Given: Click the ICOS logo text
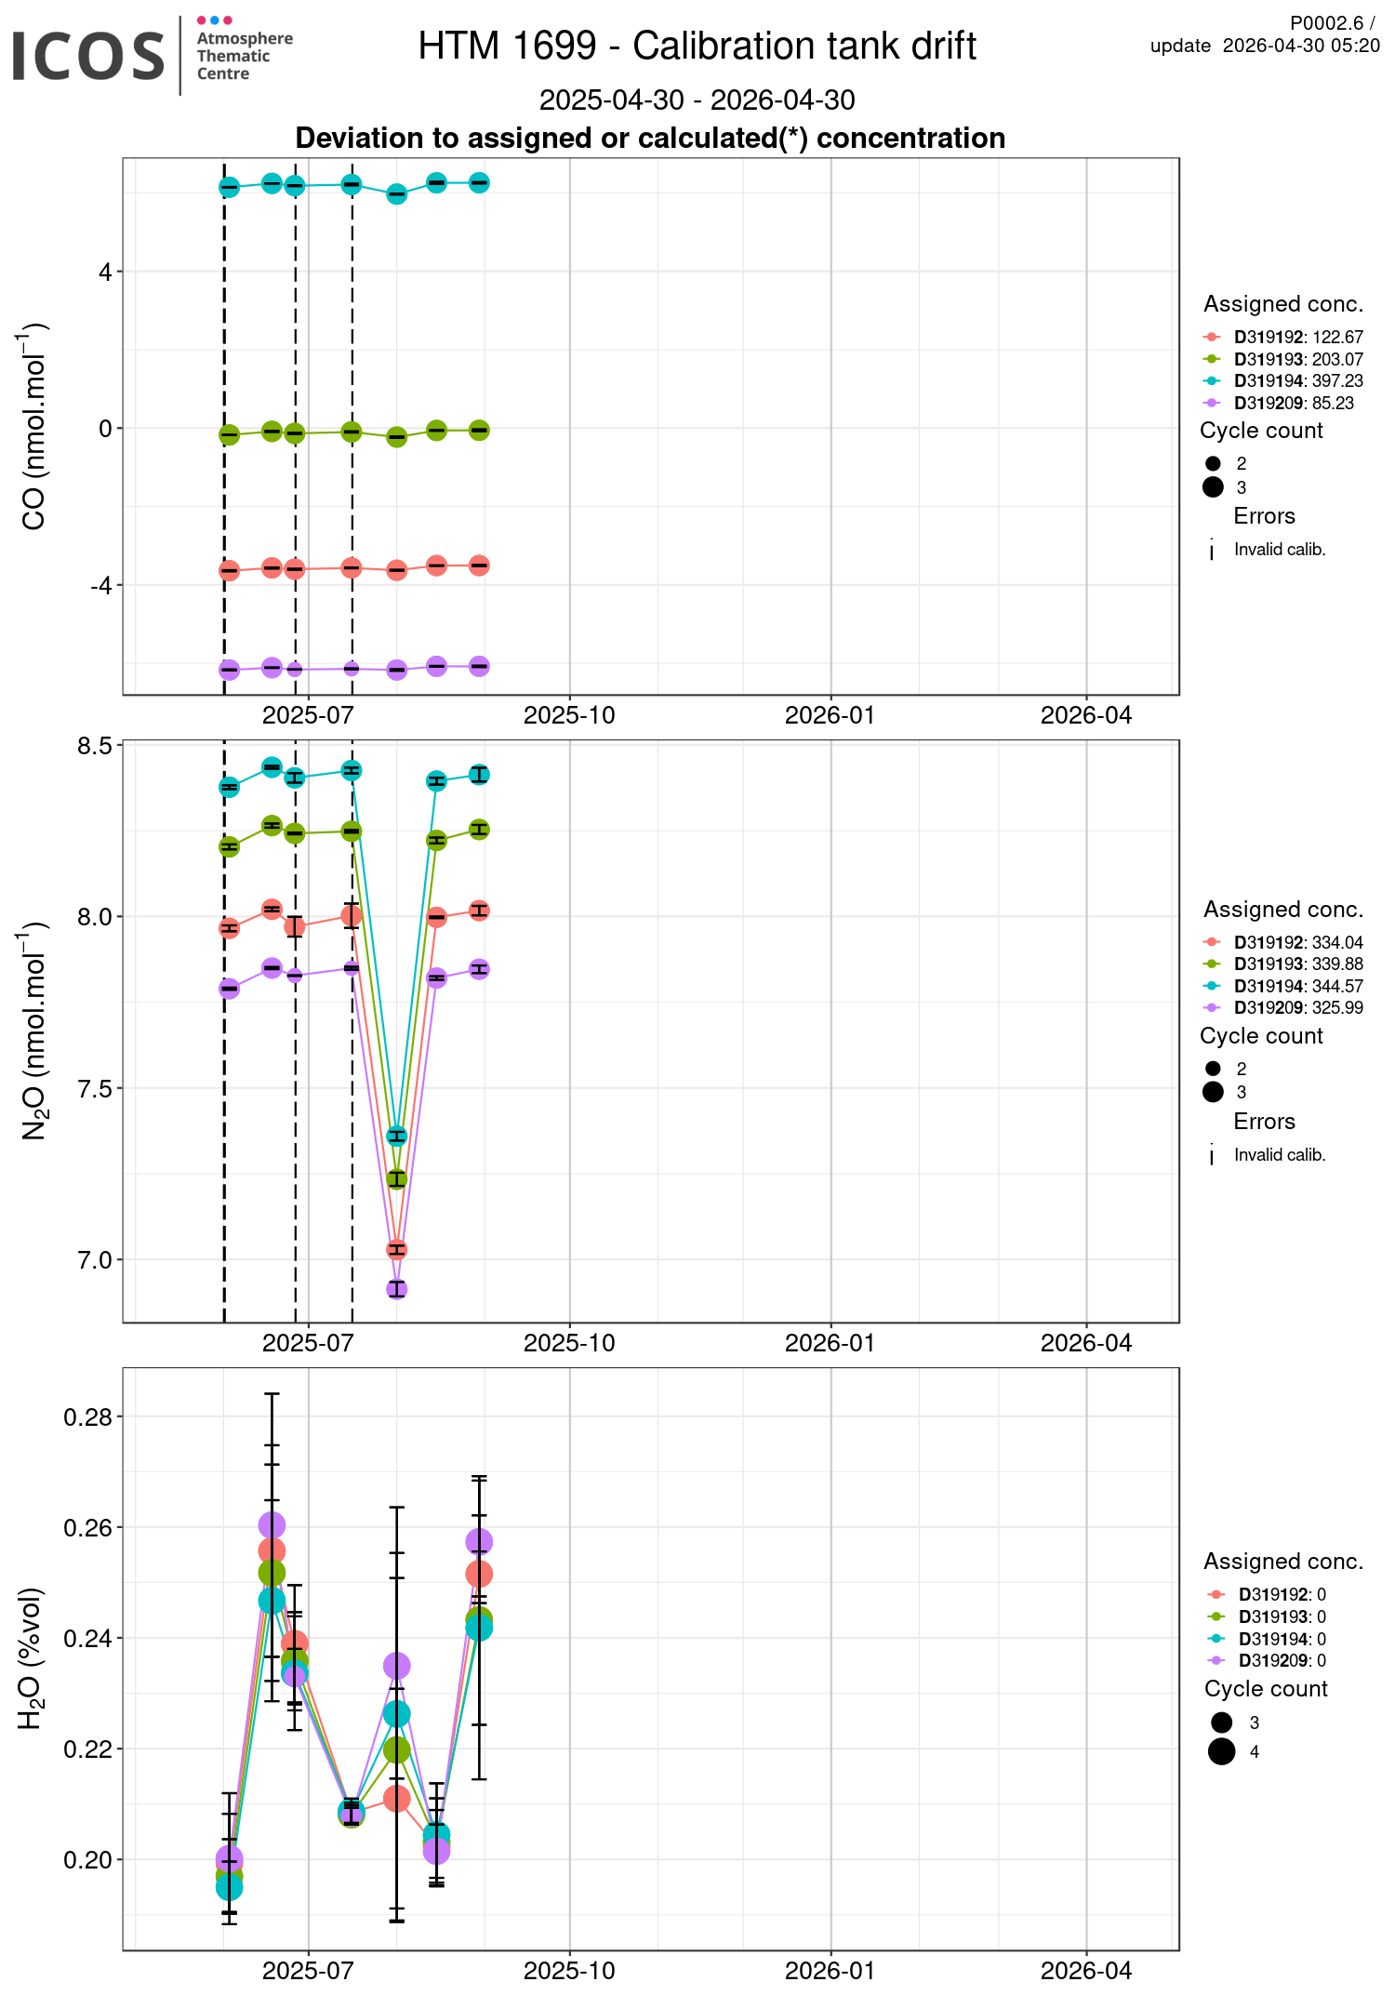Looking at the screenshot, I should (x=88, y=56).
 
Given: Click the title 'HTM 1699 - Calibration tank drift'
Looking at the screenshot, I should (x=697, y=47).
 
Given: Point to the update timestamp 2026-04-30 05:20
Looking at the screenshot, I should (x=1300, y=47).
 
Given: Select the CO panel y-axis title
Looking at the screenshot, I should (x=34, y=427).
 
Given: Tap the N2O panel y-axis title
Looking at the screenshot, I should (x=34, y=1031).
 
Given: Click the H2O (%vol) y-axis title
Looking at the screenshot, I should (x=31, y=1659).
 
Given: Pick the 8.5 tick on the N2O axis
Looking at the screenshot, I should (x=95, y=746).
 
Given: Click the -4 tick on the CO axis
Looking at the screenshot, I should (x=100, y=585).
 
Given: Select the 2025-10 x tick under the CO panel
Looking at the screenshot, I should (x=569, y=715).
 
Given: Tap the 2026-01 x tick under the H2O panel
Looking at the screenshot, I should (x=830, y=1971).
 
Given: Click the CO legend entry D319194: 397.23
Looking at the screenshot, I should (x=1297, y=381).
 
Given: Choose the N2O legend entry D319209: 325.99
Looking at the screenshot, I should (x=1297, y=1008).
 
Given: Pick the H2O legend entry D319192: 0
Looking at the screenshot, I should (x=1282, y=1595).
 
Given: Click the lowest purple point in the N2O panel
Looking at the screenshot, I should (x=397, y=1289).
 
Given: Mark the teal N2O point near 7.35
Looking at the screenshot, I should (x=397, y=1136).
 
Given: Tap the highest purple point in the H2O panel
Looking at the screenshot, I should (x=272, y=1525).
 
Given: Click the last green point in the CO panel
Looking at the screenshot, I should (x=479, y=430).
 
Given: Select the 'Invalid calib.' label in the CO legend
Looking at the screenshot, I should (x=1279, y=550).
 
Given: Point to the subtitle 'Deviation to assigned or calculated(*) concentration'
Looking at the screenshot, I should (x=650, y=139).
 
